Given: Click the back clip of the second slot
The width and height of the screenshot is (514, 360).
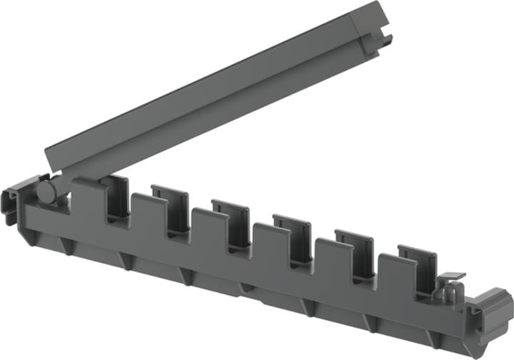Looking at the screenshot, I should click(170, 200).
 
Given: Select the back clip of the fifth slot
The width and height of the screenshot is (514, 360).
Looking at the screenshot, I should click(354, 243).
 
